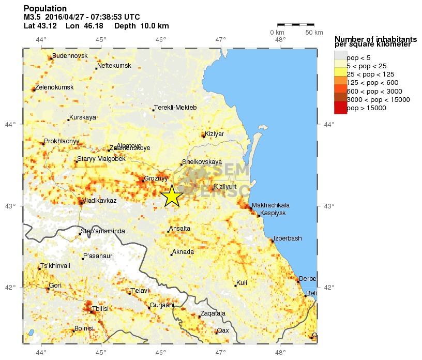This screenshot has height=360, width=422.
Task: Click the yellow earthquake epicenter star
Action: pos(171,196)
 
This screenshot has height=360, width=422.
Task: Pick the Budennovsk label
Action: pos(70,56)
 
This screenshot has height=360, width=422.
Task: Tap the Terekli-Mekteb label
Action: pos(176,108)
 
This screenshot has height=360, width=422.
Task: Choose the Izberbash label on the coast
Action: pos(288,238)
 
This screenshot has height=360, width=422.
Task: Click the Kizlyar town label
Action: pos(214,134)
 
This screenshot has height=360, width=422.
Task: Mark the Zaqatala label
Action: pos(213,313)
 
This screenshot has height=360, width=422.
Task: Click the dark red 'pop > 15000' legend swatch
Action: pos(340,108)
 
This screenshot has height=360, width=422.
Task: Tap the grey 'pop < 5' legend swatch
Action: pos(340,57)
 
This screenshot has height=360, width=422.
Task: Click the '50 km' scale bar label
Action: pos(314,33)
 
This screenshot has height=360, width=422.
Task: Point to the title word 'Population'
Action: pos(45,9)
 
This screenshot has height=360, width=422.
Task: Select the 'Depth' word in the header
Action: pos(125,26)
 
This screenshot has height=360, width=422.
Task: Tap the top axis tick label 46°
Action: pos(161,40)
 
